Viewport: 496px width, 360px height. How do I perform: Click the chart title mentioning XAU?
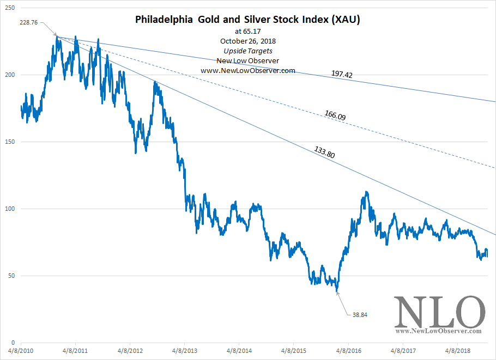click(x=248, y=20)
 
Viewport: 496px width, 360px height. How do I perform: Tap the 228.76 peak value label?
click(x=28, y=22)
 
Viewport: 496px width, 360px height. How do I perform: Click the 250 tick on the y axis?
click(x=10, y=8)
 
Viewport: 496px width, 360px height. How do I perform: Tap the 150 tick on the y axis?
click(x=10, y=142)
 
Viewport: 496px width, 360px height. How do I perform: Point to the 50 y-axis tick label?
click(x=11, y=276)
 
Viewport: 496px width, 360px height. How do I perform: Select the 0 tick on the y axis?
click(x=13, y=343)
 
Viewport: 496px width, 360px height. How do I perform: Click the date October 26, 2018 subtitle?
click(x=248, y=41)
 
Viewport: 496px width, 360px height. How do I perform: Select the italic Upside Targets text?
click(x=248, y=51)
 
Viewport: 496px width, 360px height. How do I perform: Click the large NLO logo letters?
click(x=439, y=312)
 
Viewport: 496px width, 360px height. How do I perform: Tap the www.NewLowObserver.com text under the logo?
click(x=439, y=331)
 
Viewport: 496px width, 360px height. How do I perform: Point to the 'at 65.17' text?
click(x=248, y=32)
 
